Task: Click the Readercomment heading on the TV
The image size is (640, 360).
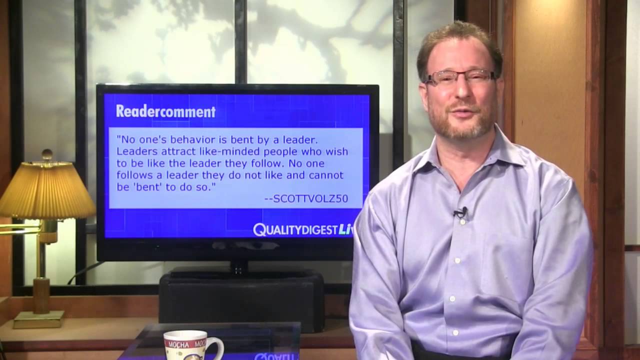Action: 165,111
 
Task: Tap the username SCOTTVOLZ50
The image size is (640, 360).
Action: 306,199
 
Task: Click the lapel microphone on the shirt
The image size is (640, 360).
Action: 461,212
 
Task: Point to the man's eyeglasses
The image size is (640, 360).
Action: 458,77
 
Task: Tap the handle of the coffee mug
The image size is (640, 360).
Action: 216,347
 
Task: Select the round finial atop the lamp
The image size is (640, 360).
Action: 47,154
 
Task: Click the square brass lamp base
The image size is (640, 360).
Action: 38,319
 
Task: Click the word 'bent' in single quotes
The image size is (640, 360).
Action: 142,187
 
